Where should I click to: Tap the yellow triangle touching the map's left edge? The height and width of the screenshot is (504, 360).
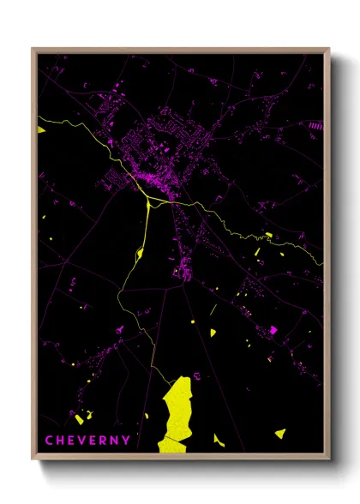tap(40, 129)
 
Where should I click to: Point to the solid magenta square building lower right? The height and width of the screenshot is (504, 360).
tap(273, 330)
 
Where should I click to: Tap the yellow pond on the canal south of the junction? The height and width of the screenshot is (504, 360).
tap(139, 252)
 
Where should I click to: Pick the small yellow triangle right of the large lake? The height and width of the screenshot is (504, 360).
tap(218, 440)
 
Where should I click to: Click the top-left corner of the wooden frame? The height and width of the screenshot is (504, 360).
tap(33, 49)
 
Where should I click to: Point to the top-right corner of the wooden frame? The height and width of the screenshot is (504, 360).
tap(328, 49)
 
